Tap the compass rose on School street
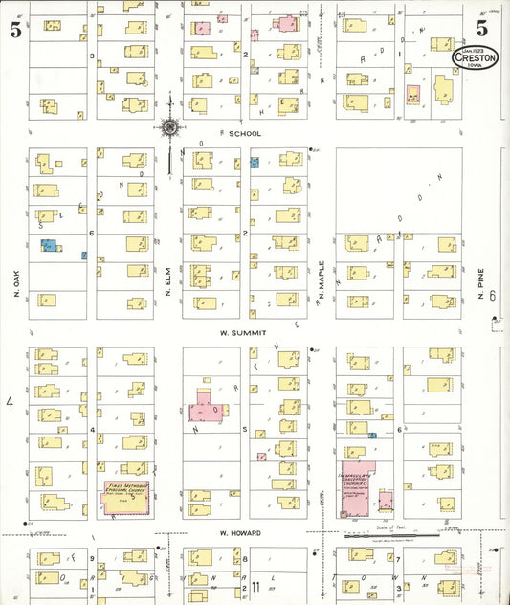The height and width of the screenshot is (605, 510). point(169,126)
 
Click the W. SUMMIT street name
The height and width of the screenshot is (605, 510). point(235,332)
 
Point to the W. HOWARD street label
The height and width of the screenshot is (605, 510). point(235,532)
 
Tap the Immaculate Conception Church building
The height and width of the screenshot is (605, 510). point(354,486)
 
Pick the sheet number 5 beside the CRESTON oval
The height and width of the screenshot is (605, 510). point(481,27)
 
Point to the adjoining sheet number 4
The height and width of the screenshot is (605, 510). point(11,402)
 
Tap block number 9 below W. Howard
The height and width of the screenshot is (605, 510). point(93,558)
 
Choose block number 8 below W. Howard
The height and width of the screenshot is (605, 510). point(246,558)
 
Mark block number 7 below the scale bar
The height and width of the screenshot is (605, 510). point(399,558)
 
